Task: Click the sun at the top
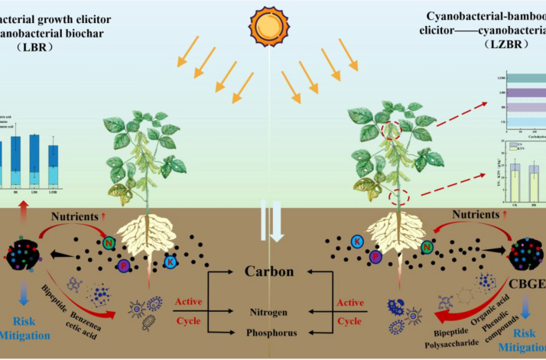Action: [x=271, y=24]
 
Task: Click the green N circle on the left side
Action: [x=110, y=244]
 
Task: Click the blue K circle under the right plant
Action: [x=356, y=242]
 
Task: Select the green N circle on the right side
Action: [x=428, y=245]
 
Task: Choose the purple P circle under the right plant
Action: [x=375, y=257]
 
